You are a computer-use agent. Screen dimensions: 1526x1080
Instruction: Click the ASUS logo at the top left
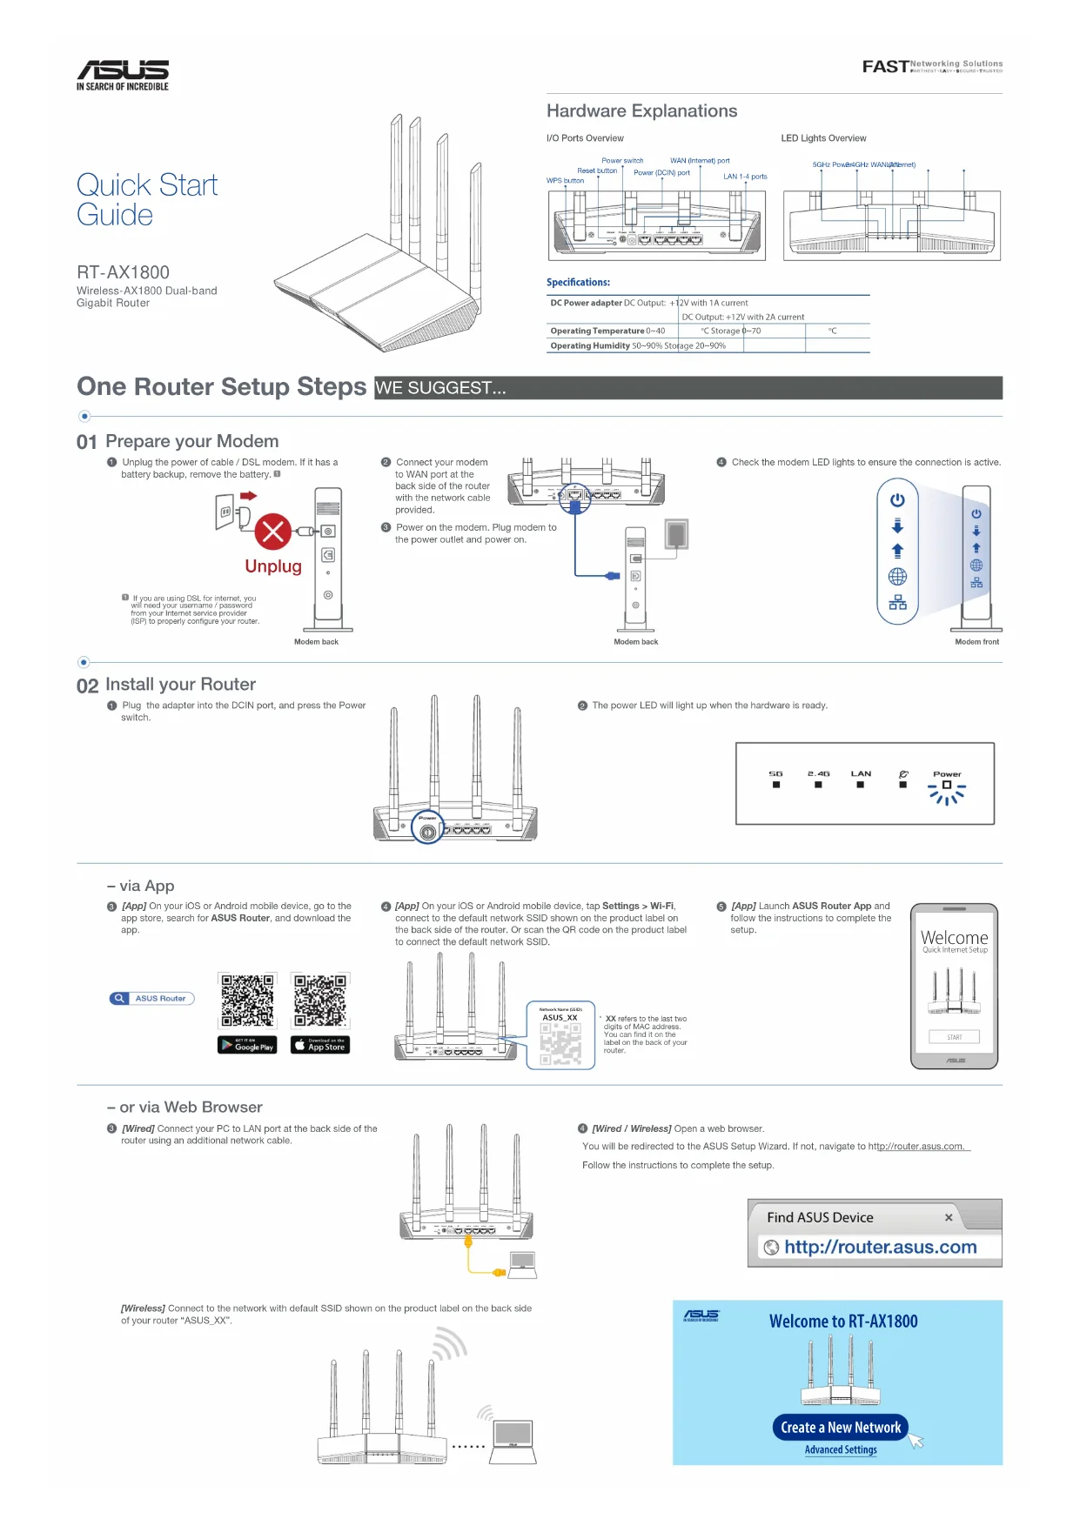coord(123,70)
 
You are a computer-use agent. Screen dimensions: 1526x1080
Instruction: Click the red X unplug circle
coord(272,531)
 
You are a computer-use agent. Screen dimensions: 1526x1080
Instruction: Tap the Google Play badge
coord(247,1045)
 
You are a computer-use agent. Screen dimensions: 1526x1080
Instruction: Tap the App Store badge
coord(320,1045)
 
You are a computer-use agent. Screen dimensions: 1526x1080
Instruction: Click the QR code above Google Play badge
coord(247,1000)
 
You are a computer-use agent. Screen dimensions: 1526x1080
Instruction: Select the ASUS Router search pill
coord(152,999)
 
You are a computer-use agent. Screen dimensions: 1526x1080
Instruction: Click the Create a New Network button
coord(840,1428)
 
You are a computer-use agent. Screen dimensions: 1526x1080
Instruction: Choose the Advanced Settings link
coord(841,1450)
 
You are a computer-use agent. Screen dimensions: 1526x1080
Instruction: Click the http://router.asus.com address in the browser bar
coord(880,1248)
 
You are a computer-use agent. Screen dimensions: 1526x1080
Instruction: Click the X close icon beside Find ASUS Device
coord(949,1218)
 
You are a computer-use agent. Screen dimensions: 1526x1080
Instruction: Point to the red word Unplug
coord(273,566)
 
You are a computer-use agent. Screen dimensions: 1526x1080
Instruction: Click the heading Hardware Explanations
coord(641,111)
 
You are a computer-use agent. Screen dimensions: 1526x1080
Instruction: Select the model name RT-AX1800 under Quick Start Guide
coord(123,272)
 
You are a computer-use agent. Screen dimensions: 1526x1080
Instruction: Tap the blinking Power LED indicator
coord(947,786)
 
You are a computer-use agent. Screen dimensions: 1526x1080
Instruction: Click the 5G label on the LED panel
coord(775,773)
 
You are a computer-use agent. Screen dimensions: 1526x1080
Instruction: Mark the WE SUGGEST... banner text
coord(440,388)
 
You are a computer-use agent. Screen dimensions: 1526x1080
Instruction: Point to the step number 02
coord(87,686)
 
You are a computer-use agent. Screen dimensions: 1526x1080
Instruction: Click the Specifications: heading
coord(578,283)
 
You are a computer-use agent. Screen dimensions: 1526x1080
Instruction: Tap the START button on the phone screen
coord(955,1037)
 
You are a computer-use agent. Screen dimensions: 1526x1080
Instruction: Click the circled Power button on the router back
coord(427,833)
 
